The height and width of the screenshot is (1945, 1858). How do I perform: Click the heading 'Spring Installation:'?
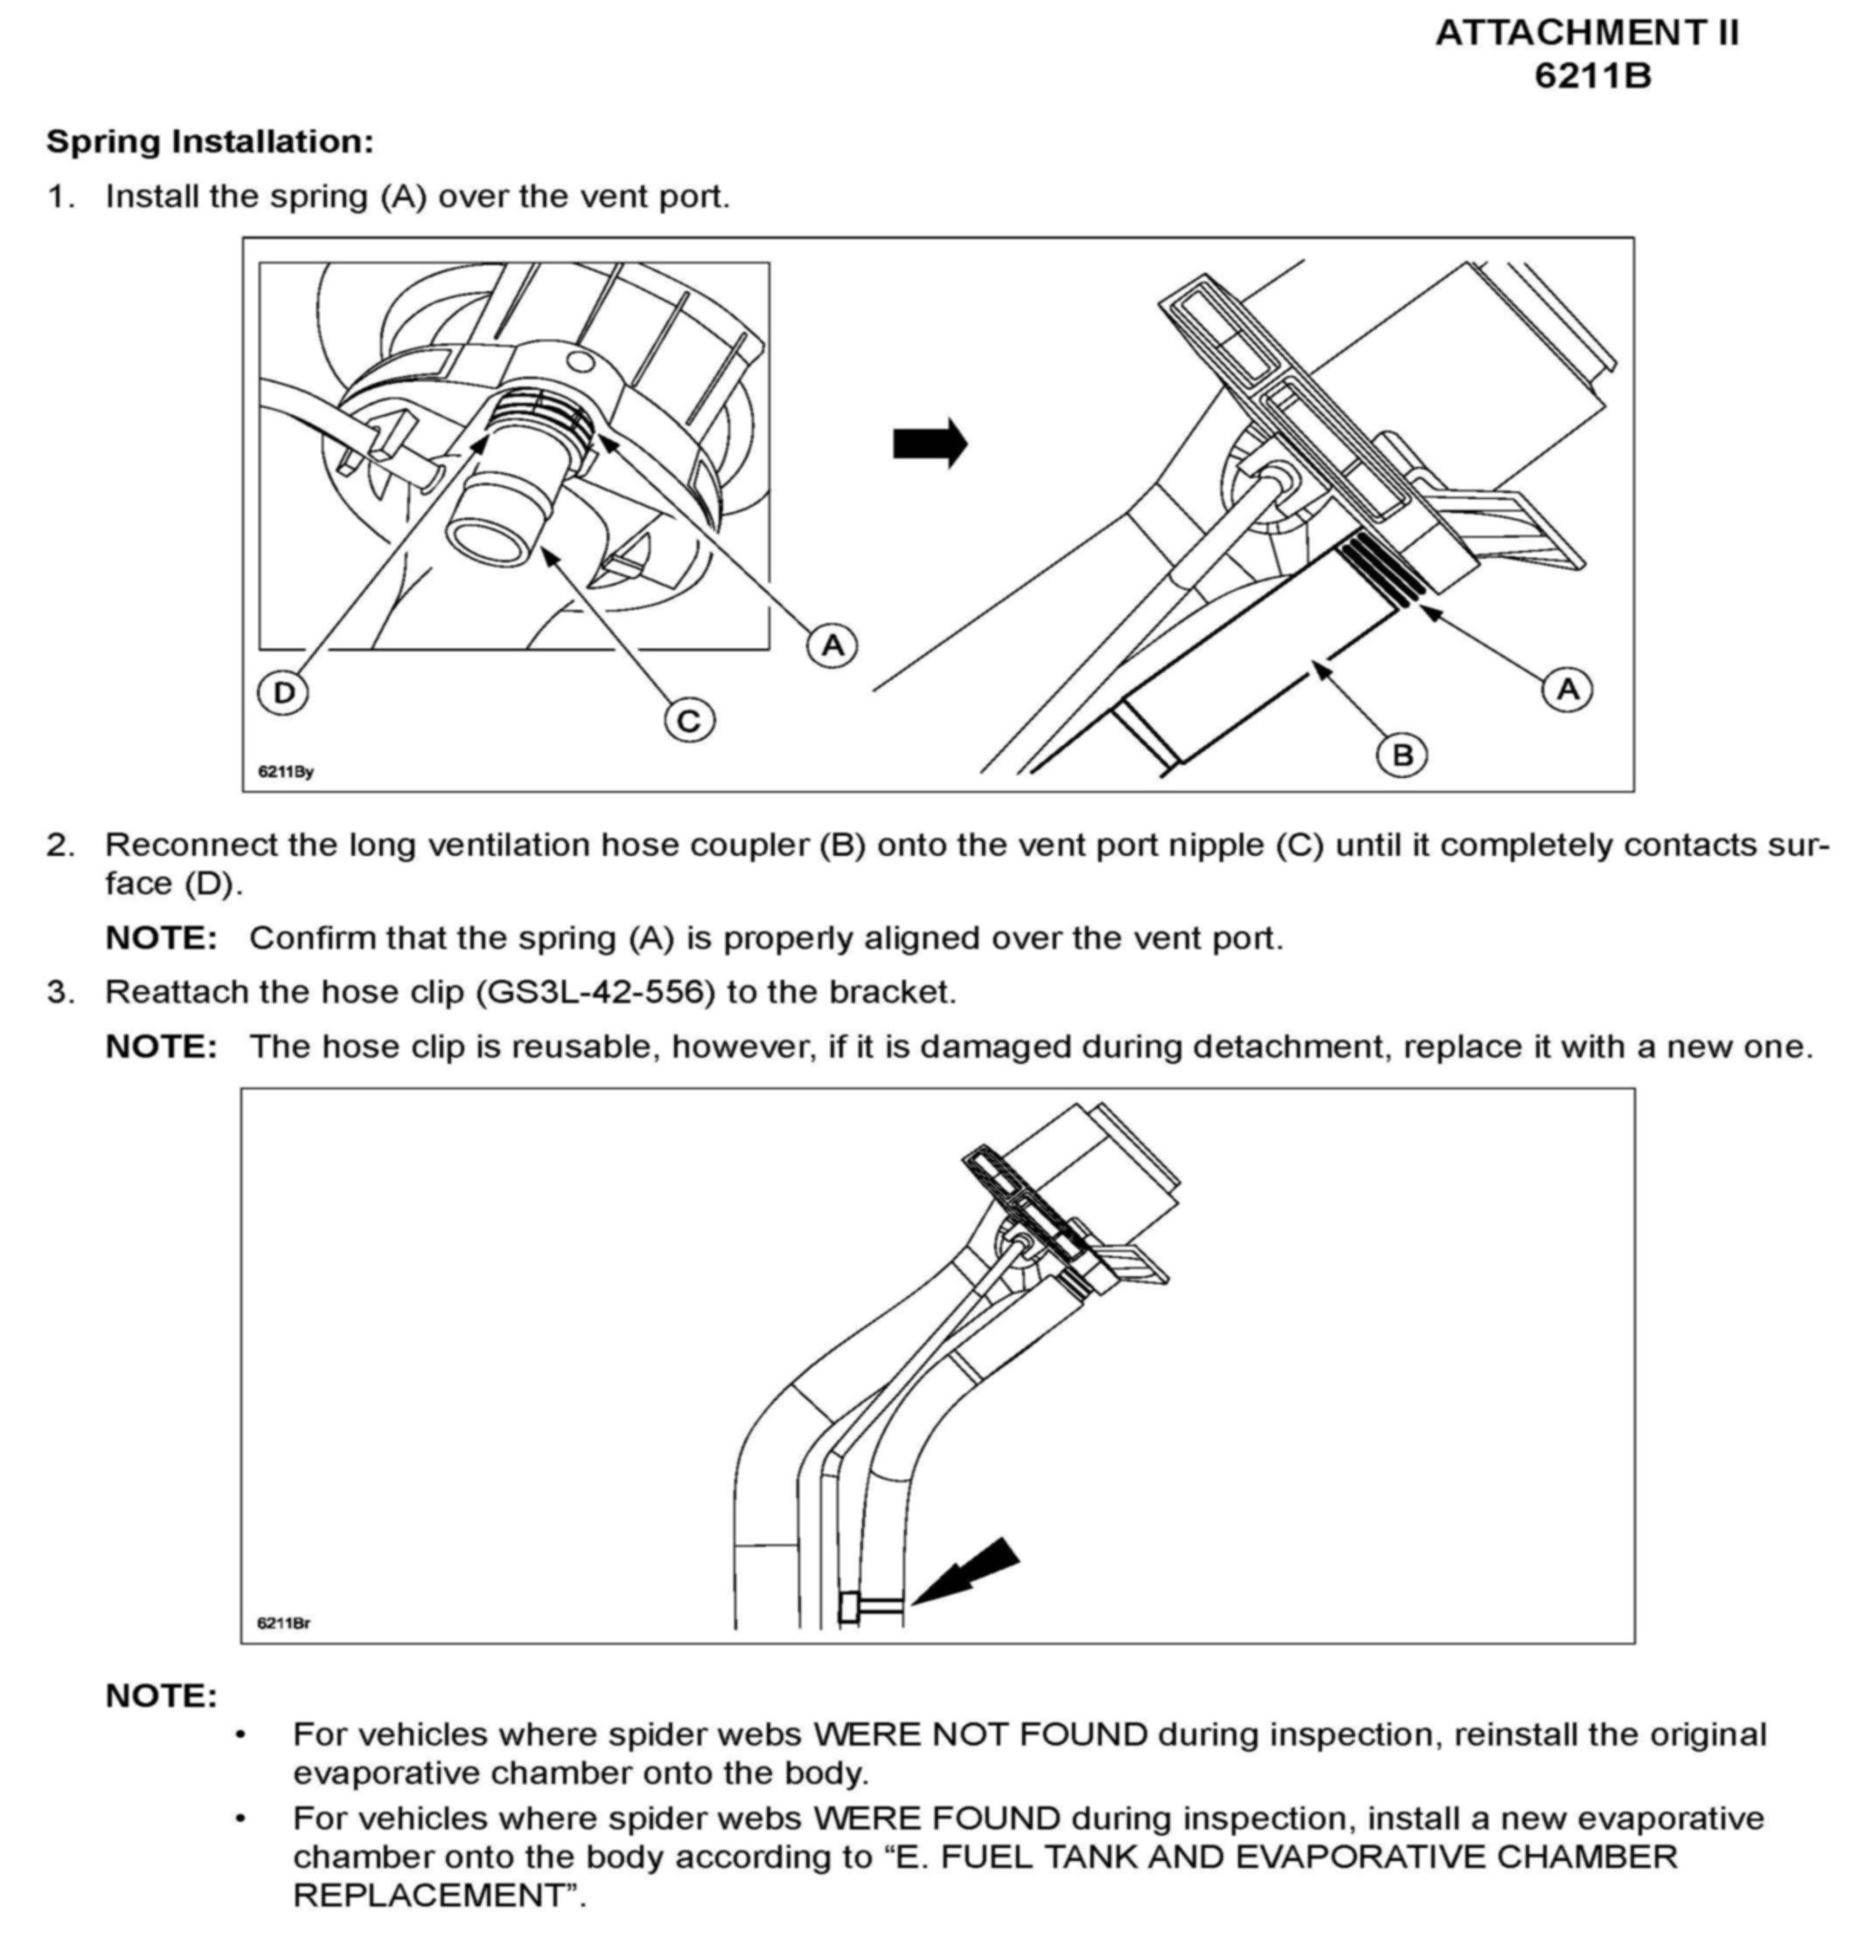pyautogui.click(x=210, y=142)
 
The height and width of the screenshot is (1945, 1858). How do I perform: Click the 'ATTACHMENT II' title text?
pyautogui.click(x=1587, y=34)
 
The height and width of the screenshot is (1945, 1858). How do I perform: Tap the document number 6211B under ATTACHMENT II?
pyautogui.click(x=1592, y=76)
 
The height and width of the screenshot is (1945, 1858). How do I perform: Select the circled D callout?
pyautogui.click(x=283, y=692)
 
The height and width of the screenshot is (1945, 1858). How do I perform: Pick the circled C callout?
pyautogui.click(x=689, y=720)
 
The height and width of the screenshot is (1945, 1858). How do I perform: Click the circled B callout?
pyautogui.click(x=1402, y=755)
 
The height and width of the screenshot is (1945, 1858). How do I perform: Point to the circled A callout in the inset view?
pyautogui.click(x=833, y=646)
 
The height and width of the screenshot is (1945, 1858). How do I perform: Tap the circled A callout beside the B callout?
pyautogui.click(x=1568, y=689)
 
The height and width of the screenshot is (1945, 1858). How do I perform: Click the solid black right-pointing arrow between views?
pyautogui.click(x=929, y=442)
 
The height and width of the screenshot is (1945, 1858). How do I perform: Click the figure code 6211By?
pyautogui.click(x=286, y=772)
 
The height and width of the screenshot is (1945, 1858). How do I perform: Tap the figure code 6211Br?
pyautogui.click(x=284, y=1623)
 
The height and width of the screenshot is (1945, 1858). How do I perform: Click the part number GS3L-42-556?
pyautogui.click(x=595, y=991)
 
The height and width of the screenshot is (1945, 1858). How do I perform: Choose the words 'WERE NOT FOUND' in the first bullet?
pyautogui.click(x=979, y=1735)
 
